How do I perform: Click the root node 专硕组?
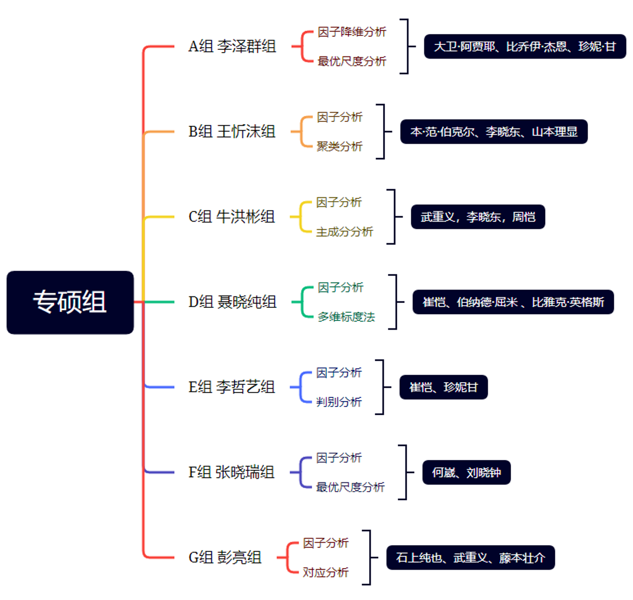70,302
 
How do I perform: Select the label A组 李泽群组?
232,47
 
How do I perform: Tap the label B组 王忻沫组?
232,132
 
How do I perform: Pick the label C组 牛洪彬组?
232,217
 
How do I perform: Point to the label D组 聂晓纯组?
232,302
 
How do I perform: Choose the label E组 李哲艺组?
232,387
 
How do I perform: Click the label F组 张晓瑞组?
231,473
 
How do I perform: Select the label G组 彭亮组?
225,558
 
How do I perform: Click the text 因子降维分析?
352,32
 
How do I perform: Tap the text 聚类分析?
339,146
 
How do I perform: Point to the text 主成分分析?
344,232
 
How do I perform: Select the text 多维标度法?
346,317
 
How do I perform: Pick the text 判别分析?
339,402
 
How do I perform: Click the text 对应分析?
325,572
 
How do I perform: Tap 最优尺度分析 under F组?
351,487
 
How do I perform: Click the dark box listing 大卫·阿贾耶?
525,47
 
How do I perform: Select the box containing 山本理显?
494,132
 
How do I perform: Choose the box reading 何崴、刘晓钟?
466,473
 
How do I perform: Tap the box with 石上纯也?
470,558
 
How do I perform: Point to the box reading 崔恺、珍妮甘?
444,387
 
